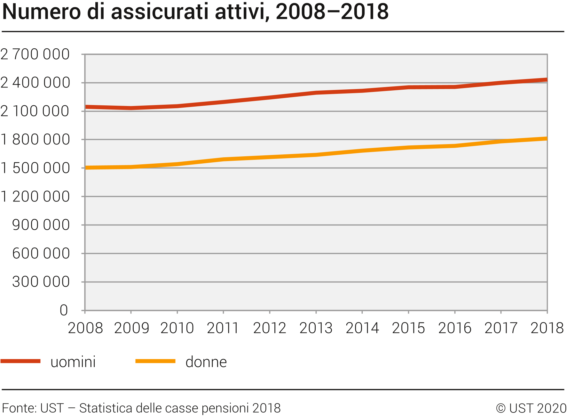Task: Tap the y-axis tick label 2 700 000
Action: [35, 54]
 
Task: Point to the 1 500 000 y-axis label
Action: [35, 168]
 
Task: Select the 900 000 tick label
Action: [41, 225]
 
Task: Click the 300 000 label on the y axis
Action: [41, 282]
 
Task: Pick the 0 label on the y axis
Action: [64, 310]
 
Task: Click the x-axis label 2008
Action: [85, 328]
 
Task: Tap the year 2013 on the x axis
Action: [316, 328]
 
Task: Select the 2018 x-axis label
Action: [547, 328]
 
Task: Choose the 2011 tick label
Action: [223, 328]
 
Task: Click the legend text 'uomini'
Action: [73, 362]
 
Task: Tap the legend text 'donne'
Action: [206, 362]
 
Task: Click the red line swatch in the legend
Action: [20, 361]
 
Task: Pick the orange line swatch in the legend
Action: [155, 361]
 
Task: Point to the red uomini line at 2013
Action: [316, 93]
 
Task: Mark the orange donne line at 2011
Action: [223, 159]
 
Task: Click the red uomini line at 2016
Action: [454, 87]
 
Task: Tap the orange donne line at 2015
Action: [408, 148]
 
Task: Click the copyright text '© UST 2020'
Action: [531, 408]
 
